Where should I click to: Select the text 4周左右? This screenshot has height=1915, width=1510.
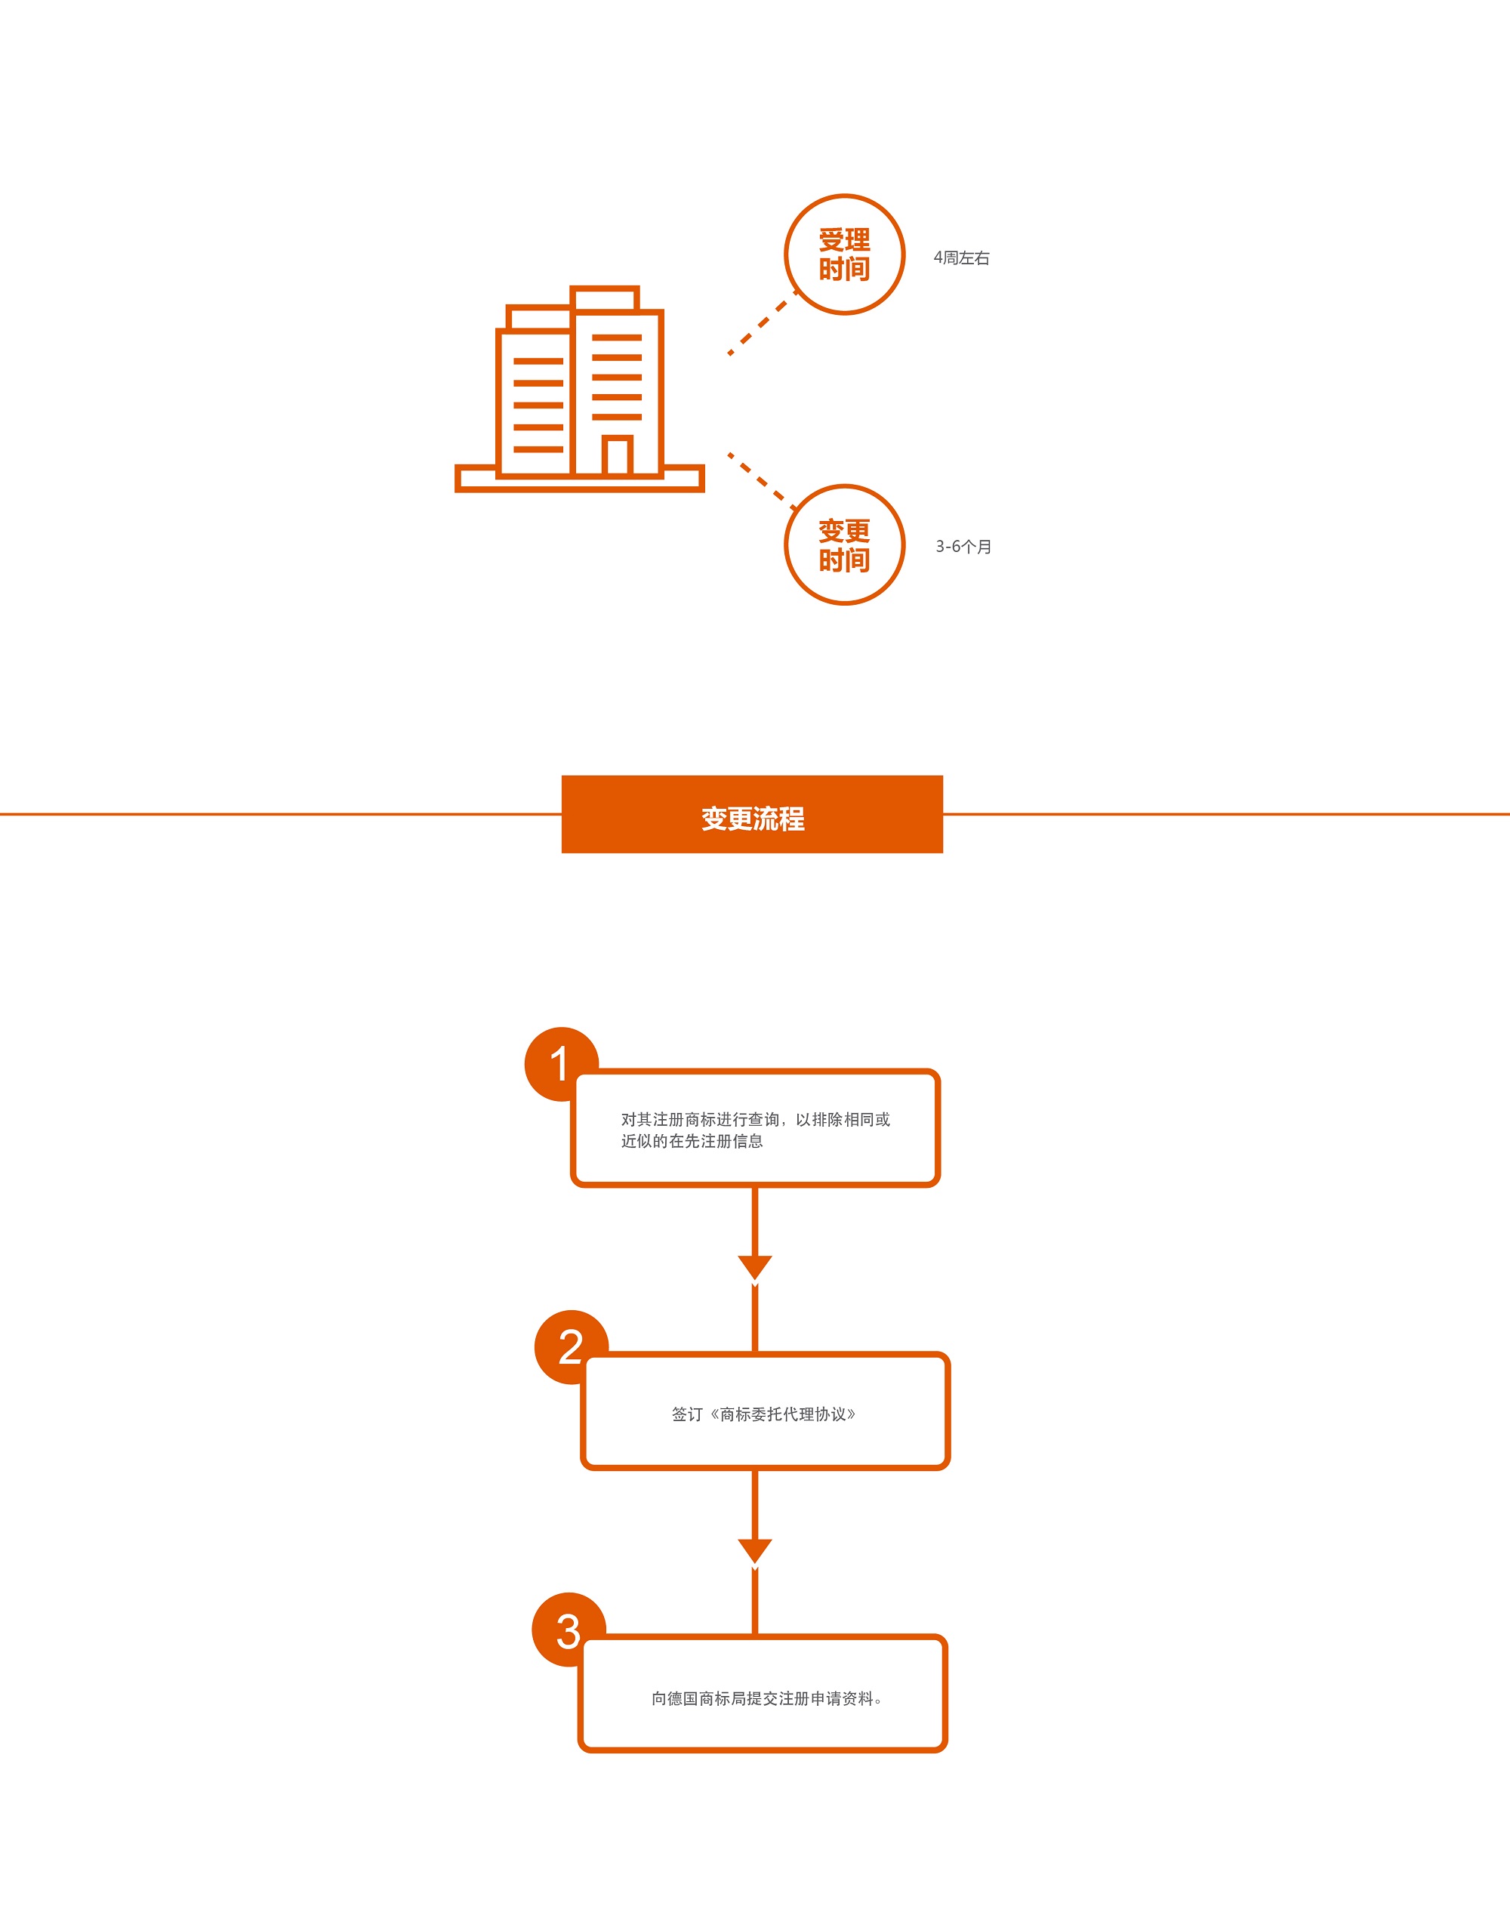tap(962, 258)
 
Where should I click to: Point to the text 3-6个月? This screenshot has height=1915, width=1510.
tap(963, 547)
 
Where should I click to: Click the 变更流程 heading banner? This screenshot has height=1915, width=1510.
tap(752, 814)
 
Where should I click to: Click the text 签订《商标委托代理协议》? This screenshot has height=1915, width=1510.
tap(764, 1414)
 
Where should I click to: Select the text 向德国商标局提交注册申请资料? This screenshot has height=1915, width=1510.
tap(762, 1698)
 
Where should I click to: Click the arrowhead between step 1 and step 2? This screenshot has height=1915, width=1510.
tap(755, 1267)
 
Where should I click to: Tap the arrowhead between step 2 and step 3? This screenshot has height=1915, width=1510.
tap(755, 1551)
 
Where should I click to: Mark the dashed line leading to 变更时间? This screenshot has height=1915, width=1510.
tap(762, 482)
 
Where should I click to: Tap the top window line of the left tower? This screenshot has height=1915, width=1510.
tap(538, 362)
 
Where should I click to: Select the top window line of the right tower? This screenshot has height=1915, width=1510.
tap(617, 338)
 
